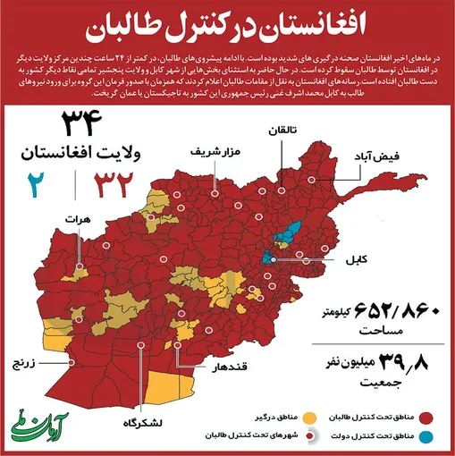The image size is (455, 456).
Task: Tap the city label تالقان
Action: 280,131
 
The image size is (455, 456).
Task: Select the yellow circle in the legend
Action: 309,417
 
